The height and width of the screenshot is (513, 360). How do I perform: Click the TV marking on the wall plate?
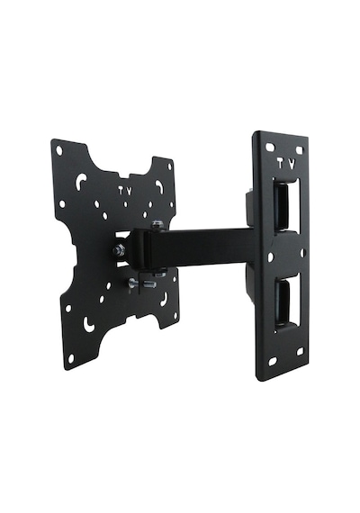[287, 164]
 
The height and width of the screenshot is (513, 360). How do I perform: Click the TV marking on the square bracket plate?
[125, 191]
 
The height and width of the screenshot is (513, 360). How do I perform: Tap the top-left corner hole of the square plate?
[59, 151]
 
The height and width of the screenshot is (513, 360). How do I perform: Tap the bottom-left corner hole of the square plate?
[71, 358]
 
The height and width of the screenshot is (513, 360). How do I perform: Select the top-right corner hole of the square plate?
[169, 166]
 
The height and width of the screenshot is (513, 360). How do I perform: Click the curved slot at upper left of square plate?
[80, 182]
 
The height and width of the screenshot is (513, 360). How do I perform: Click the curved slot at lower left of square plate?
[89, 324]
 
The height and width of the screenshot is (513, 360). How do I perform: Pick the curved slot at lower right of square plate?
[164, 300]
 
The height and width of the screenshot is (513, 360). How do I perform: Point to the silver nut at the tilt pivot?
[118, 251]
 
